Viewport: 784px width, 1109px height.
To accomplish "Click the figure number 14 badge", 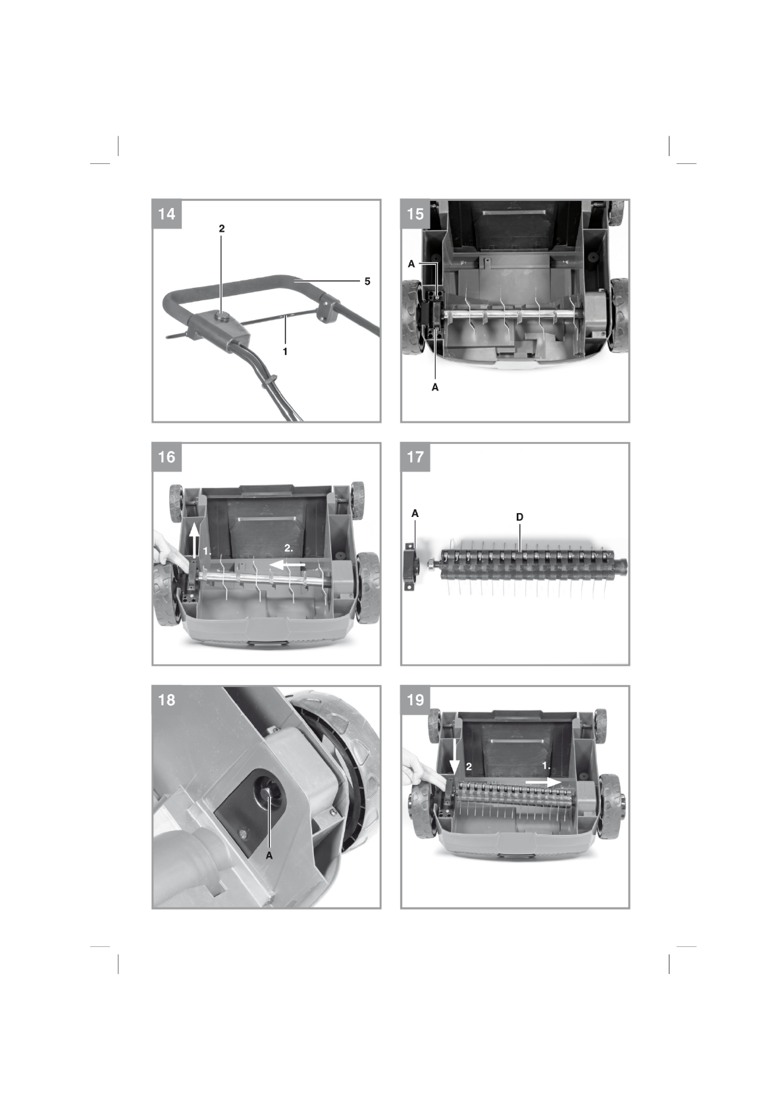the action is click(167, 215).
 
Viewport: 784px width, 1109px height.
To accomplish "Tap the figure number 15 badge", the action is click(415, 215).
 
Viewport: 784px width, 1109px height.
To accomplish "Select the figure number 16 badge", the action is click(167, 458).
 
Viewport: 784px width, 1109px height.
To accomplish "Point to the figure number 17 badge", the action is click(415, 458).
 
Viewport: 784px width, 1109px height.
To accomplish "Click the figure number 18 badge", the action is click(167, 701).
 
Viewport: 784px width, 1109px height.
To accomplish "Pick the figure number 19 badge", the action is click(415, 701).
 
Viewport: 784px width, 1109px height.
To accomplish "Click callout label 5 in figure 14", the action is click(367, 281).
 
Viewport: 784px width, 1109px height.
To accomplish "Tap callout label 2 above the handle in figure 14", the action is click(222, 229).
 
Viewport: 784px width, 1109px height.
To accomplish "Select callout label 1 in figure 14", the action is click(285, 352).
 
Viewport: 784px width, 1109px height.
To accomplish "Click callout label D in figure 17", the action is click(519, 518).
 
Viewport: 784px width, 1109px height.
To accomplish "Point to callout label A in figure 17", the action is click(415, 514).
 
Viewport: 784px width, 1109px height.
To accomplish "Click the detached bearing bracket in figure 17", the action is click(411, 566).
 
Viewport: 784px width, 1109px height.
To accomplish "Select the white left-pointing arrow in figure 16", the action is click(286, 564).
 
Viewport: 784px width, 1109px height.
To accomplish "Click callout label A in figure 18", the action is click(269, 855).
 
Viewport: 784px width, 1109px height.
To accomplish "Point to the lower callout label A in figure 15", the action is click(435, 388).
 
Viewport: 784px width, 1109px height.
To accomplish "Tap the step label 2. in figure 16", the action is click(288, 549).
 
